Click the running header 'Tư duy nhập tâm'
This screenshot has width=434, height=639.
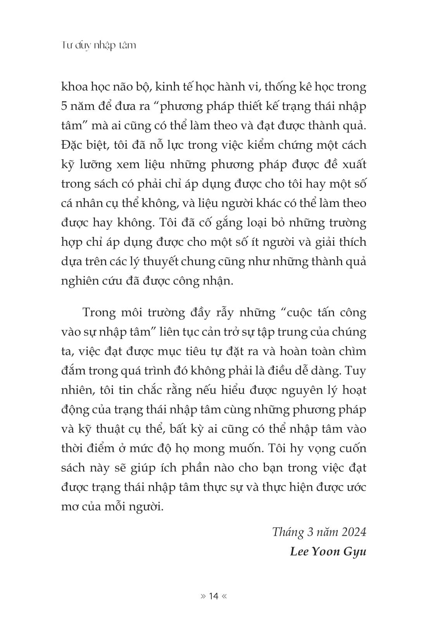coord(99,45)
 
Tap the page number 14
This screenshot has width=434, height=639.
coord(214,596)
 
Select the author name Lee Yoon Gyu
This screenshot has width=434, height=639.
coord(328,552)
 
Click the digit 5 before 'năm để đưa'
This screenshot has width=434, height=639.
coord(65,106)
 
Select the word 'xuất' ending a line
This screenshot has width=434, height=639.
coord(352,165)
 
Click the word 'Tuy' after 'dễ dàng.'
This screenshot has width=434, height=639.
coord(356,371)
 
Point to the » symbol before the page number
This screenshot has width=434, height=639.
coord(203,596)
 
